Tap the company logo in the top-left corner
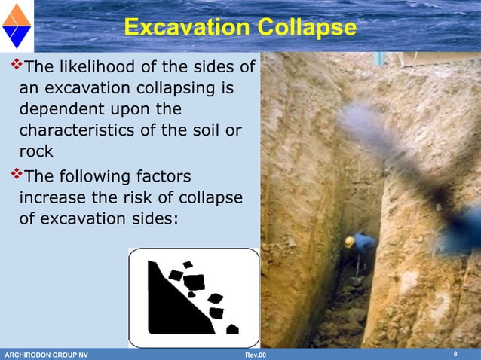pyautogui.click(x=16, y=26)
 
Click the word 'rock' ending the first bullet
pyautogui.click(x=36, y=151)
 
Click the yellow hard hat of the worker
pyautogui.click(x=350, y=242)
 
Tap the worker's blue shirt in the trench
pyautogui.click(x=364, y=243)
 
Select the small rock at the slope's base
pyautogui.click(x=232, y=329)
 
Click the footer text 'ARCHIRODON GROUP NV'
pyautogui.click(x=46, y=355)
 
